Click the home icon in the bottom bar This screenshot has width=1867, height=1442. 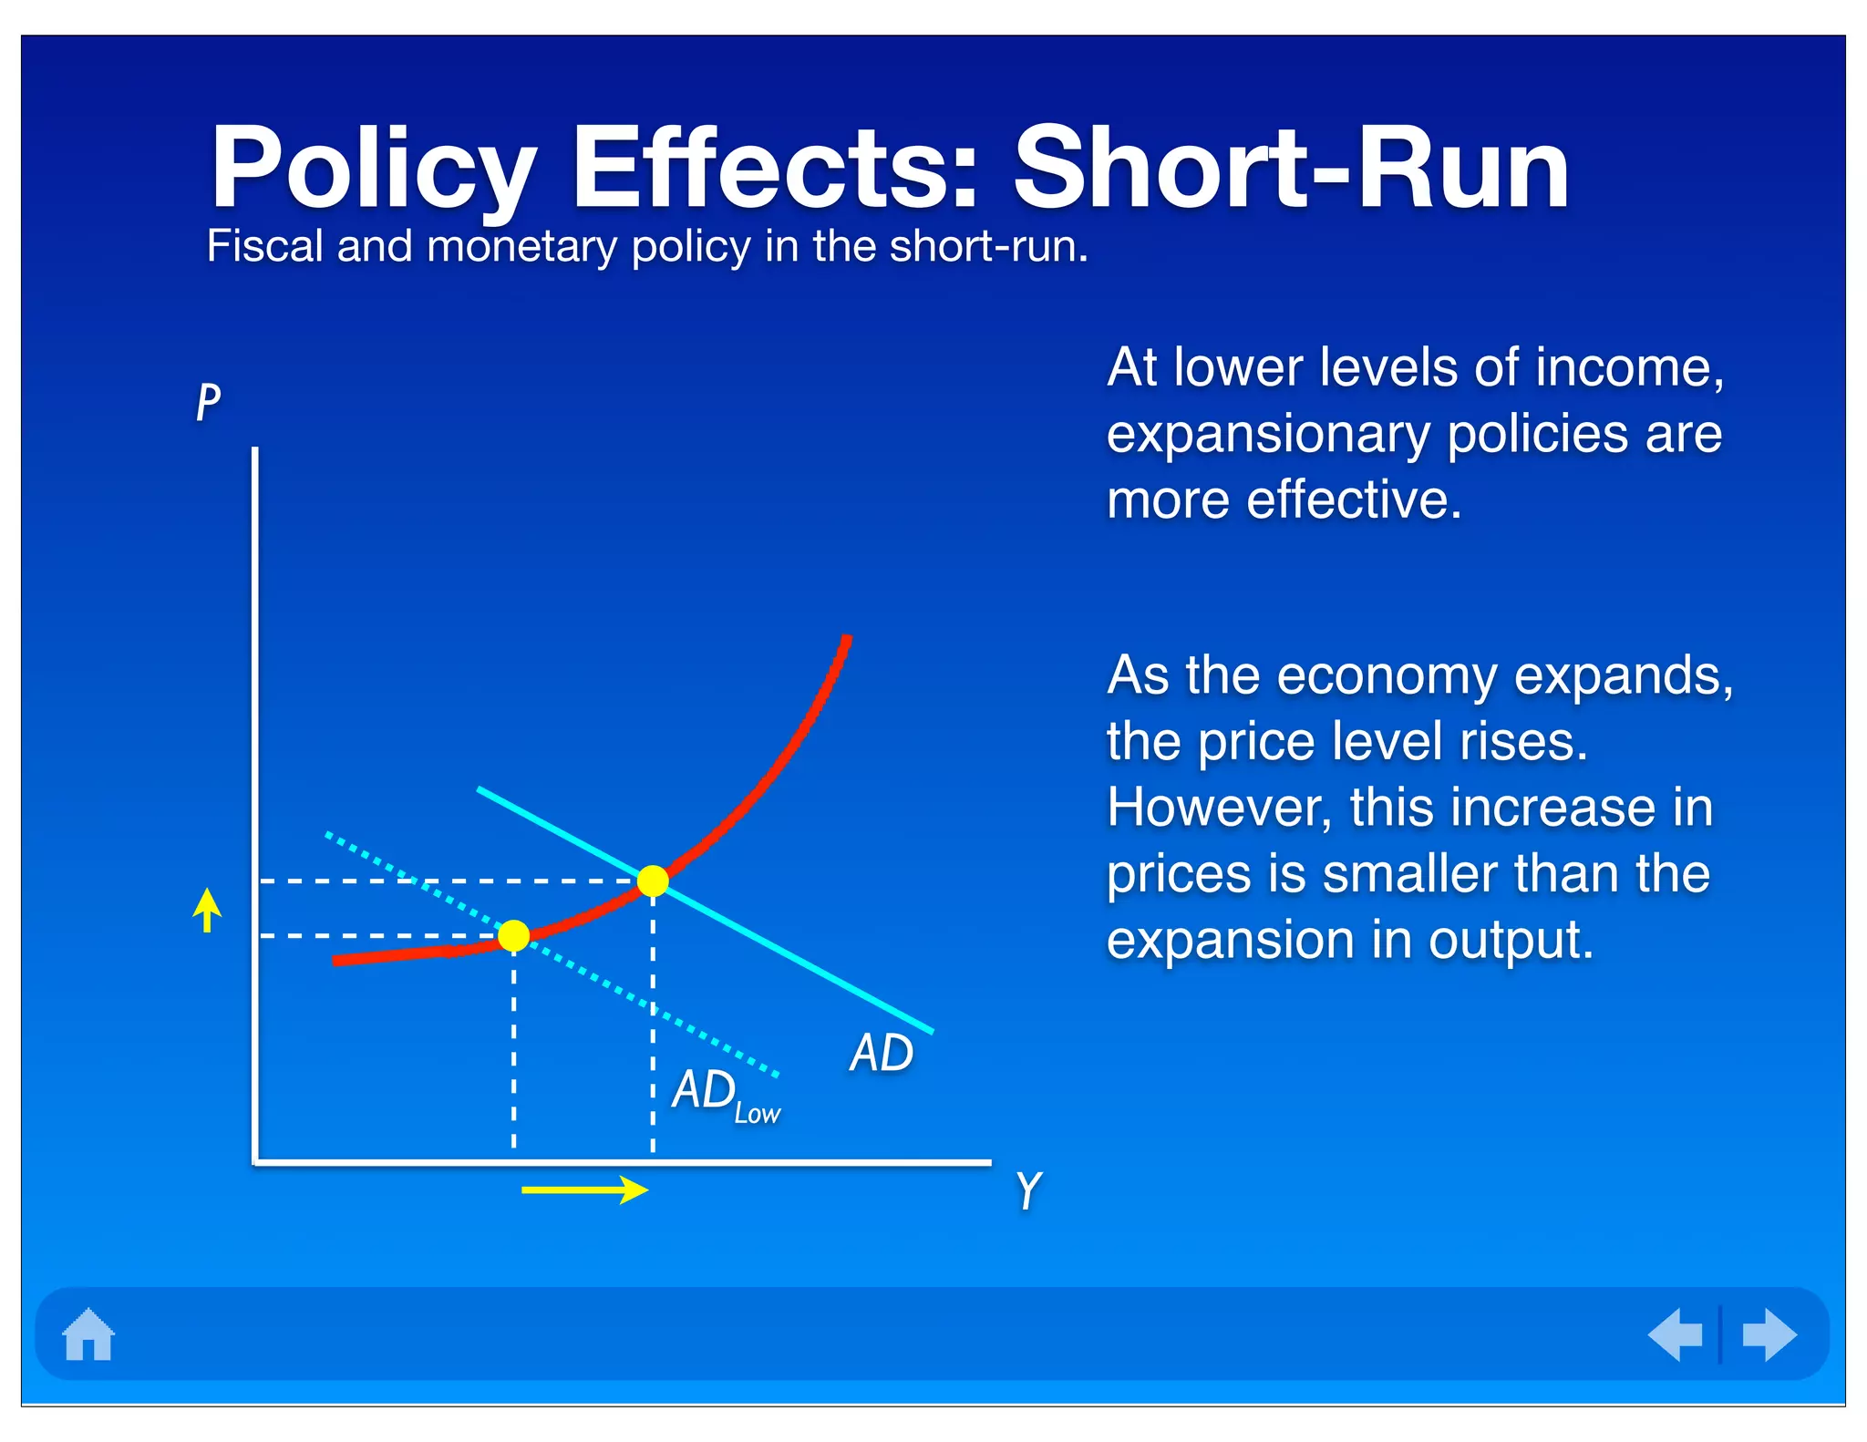click(x=88, y=1334)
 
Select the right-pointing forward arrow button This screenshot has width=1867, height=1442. click(x=1769, y=1334)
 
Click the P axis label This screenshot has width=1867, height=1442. click(x=209, y=402)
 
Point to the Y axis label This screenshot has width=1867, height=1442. click(x=1029, y=1190)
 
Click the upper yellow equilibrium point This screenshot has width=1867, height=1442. click(x=653, y=881)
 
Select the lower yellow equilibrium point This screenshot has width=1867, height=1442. click(x=514, y=935)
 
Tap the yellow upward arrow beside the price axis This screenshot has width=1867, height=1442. click(x=208, y=910)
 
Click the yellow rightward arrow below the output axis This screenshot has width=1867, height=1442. click(x=584, y=1190)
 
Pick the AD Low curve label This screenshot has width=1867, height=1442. click(x=726, y=1094)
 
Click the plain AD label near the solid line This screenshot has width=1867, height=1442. click(x=882, y=1053)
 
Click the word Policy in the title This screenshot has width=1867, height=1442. click(x=372, y=170)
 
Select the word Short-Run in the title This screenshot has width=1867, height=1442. click(x=1291, y=169)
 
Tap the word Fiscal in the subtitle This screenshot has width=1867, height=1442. click(x=264, y=246)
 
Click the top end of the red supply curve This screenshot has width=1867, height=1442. click(x=847, y=640)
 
